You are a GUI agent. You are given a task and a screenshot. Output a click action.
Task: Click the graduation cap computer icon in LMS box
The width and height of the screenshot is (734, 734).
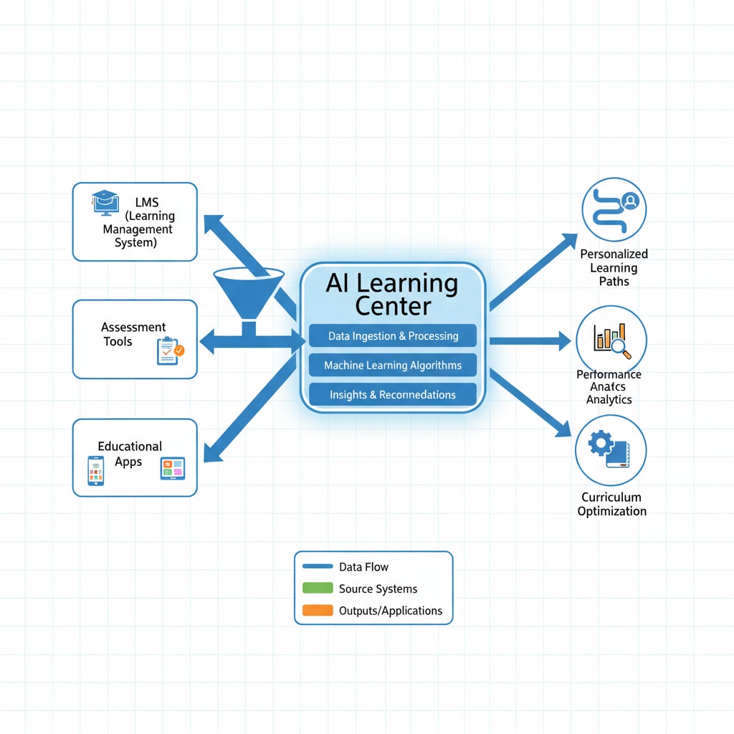point(104,202)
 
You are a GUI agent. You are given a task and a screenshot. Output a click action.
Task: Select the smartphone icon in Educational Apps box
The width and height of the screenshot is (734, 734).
point(96,470)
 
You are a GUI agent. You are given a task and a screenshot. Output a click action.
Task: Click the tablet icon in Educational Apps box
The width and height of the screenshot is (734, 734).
point(173,468)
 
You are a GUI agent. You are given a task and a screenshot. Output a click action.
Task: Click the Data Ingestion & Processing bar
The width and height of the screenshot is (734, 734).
point(393,335)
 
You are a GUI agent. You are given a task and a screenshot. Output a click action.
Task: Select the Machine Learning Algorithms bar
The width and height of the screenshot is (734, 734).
point(393,365)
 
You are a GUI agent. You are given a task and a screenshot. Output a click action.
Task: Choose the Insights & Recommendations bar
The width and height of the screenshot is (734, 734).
point(393,394)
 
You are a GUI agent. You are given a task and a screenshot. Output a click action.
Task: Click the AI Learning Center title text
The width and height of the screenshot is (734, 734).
point(392,294)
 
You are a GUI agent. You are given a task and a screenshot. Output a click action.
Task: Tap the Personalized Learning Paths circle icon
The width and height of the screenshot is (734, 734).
point(614,210)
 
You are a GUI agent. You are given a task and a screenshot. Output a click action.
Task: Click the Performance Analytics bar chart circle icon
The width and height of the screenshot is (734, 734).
point(611,340)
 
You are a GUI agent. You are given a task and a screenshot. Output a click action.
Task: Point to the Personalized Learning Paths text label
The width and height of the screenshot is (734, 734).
point(614,267)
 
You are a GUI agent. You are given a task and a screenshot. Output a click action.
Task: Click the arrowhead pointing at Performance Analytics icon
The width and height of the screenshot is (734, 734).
point(563,341)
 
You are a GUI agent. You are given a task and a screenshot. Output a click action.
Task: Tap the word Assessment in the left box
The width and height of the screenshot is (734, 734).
point(133,327)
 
